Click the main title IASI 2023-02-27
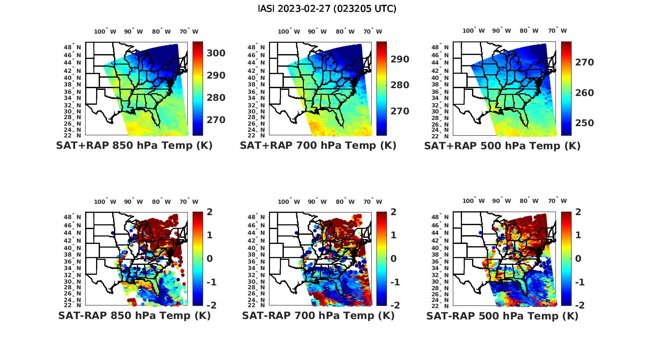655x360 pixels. (x=327, y=9)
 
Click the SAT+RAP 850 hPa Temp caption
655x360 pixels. (x=134, y=146)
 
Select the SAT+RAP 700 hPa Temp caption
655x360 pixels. (x=318, y=146)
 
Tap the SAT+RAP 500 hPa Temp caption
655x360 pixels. (x=502, y=146)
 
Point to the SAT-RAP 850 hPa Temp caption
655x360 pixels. (x=134, y=315)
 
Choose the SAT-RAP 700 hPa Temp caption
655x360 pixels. (x=318, y=315)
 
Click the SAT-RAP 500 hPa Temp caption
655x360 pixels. (x=502, y=315)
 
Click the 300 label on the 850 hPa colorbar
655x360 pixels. (x=216, y=53)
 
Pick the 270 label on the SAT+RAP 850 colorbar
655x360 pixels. (x=216, y=120)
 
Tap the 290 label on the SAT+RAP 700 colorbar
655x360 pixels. (x=400, y=59)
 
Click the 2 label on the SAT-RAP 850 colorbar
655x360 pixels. (x=210, y=212)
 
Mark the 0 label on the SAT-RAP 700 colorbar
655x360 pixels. (x=393, y=258)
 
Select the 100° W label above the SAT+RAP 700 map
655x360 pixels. (x=289, y=31)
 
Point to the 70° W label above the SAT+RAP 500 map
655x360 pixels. (x=557, y=31)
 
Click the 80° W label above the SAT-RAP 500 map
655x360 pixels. (x=529, y=201)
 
